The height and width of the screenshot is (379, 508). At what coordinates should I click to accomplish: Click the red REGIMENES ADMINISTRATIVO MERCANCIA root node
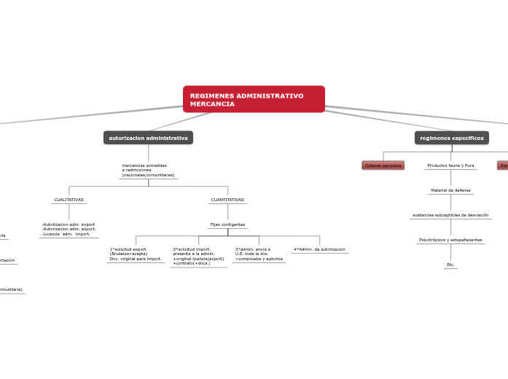point(254,99)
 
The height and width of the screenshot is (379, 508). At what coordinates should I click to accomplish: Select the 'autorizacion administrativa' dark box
point(148,138)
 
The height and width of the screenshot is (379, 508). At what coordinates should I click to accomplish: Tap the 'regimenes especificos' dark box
point(452,138)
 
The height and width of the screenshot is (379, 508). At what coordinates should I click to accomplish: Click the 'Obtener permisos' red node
point(383,165)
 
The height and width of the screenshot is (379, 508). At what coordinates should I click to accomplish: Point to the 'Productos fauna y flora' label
point(450,165)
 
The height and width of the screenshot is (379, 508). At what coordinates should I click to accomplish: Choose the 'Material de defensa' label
point(450,190)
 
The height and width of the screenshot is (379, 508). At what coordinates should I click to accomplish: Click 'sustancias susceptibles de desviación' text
point(450,215)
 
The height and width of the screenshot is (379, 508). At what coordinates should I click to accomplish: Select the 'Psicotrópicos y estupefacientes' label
point(450,240)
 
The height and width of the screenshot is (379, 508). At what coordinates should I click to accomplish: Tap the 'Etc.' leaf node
point(450,265)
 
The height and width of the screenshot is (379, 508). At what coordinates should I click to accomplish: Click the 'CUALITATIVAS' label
point(69,200)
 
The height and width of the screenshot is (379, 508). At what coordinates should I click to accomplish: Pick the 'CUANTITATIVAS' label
point(227,200)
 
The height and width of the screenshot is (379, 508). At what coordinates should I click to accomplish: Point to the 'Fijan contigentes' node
point(227,224)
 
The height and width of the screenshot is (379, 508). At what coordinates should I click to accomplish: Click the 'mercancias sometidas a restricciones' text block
point(148,171)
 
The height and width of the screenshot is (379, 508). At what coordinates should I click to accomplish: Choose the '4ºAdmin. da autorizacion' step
point(319,249)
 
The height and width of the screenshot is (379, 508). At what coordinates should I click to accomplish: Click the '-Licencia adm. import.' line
point(66,234)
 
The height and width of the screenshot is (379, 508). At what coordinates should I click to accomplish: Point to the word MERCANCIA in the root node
point(212,104)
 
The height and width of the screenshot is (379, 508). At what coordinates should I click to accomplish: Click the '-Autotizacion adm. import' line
point(69,224)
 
